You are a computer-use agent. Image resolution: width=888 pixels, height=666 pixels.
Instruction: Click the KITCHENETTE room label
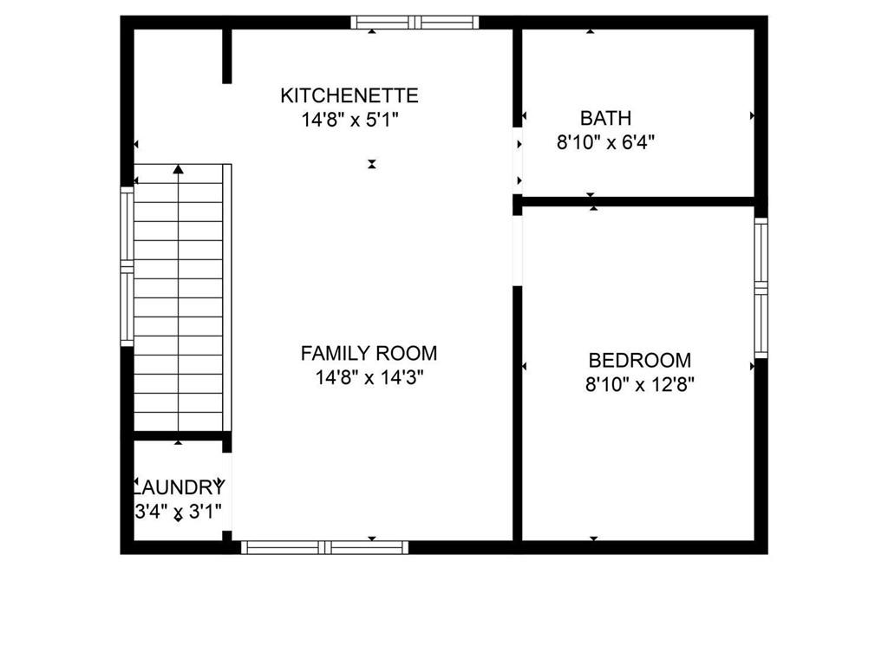click(349, 95)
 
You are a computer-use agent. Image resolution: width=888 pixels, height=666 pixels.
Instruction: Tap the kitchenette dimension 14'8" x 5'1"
click(350, 120)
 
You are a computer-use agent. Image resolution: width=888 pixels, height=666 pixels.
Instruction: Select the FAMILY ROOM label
click(369, 354)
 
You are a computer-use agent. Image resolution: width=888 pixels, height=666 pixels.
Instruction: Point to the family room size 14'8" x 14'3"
click(369, 377)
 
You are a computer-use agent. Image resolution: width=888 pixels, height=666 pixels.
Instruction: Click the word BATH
click(605, 118)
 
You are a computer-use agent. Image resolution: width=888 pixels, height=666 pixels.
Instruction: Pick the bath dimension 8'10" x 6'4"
click(605, 142)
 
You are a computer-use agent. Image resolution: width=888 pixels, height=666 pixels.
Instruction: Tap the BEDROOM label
click(639, 360)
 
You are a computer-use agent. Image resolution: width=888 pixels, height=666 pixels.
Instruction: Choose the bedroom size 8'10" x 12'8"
click(639, 384)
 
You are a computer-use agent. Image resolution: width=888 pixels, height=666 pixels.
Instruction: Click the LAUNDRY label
click(179, 487)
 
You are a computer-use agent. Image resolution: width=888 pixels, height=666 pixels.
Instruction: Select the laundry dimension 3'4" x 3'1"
click(178, 512)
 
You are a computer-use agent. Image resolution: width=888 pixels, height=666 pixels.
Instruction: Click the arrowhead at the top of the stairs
click(179, 169)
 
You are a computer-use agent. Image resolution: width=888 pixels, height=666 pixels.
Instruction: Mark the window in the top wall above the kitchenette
click(415, 23)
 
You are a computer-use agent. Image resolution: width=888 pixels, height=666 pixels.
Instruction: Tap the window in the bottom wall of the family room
click(324, 547)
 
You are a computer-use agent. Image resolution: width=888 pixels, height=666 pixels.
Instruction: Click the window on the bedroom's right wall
click(761, 288)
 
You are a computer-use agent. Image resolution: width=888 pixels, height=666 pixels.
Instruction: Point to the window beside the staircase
click(127, 266)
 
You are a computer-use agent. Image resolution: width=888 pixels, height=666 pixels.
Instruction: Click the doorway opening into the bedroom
click(517, 251)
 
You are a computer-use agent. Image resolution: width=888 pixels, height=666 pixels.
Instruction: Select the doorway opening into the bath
click(517, 161)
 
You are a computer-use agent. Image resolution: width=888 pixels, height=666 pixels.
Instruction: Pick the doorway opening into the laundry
click(227, 492)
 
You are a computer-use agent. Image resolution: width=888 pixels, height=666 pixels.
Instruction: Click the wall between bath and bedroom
click(637, 201)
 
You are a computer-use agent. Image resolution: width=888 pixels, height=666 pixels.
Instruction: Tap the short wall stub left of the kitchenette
click(227, 56)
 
